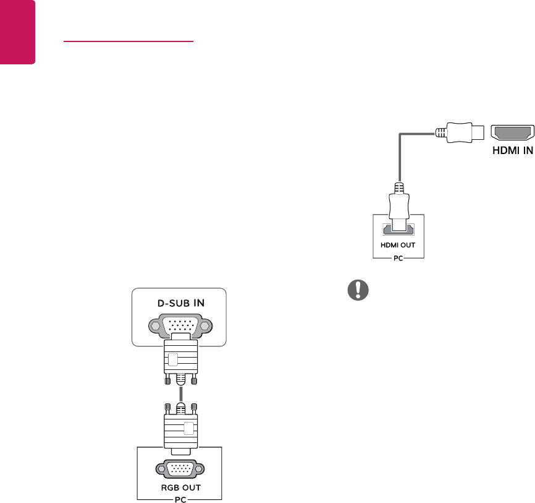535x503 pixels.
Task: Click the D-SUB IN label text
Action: point(179,304)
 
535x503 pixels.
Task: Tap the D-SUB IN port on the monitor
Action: point(179,325)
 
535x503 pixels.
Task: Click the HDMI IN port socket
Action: point(512,132)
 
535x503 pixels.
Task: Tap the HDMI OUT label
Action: point(394,245)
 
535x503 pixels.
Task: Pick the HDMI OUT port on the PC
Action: point(394,230)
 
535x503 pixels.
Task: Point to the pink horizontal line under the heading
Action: point(128,43)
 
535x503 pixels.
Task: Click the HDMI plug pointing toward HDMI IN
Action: point(461,132)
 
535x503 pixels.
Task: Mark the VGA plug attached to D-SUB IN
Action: point(179,359)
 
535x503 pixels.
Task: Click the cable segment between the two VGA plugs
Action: point(179,393)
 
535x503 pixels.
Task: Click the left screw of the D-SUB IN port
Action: point(152,325)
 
